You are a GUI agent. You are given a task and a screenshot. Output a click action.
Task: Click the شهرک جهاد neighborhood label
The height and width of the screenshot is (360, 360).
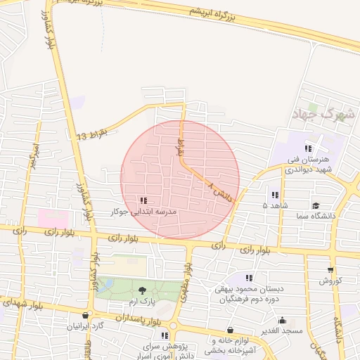click(x=323, y=112)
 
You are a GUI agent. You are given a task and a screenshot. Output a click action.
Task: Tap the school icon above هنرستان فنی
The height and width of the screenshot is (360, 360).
click(x=308, y=148)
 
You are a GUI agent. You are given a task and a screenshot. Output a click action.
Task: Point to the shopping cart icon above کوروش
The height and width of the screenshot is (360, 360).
click(x=330, y=270)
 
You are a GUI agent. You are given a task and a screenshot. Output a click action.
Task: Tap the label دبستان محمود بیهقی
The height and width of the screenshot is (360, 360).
click(x=250, y=288)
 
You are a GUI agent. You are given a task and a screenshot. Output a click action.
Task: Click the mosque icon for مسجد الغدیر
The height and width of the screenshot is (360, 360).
click(x=282, y=321)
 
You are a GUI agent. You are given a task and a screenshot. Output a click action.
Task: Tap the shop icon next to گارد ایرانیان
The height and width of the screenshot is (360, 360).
click(x=86, y=316)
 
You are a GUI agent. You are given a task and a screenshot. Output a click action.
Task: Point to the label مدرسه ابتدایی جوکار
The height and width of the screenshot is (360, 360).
click(x=144, y=211)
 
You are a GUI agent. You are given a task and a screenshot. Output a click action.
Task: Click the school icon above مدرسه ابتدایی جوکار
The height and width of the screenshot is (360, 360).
click(x=144, y=200)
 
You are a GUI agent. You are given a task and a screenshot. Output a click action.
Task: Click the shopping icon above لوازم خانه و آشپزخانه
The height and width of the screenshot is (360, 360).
click(x=231, y=330)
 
